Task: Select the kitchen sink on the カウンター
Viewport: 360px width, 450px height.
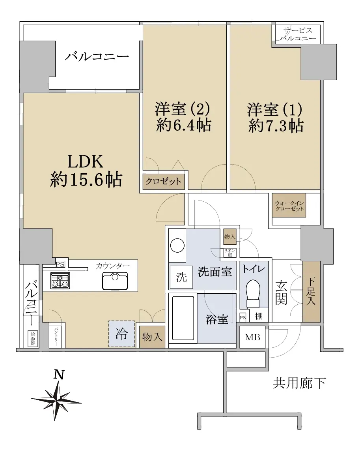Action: (x=115, y=281)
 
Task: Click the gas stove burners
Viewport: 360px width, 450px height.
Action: (x=60, y=280)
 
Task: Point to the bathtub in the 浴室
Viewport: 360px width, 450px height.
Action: (x=183, y=318)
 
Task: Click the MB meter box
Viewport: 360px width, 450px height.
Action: (x=252, y=337)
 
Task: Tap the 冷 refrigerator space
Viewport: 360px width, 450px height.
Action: (x=121, y=334)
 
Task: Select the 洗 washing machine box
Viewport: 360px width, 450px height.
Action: (x=181, y=277)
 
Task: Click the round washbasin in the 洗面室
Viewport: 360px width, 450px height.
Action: (x=177, y=246)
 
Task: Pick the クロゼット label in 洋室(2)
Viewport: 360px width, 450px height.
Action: (x=163, y=181)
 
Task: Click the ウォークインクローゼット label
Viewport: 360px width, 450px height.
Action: (x=289, y=206)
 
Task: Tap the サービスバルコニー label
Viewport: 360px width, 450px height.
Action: (x=298, y=34)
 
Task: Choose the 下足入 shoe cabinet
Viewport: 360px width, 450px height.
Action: (x=311, y=291)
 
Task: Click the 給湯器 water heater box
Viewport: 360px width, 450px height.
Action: (x=33, y=339)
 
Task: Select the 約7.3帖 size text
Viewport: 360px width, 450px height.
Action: (x=276, y=126)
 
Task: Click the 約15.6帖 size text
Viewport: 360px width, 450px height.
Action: (x=86, y=180)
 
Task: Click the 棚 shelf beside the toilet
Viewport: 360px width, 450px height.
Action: (x=259, y=316)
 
